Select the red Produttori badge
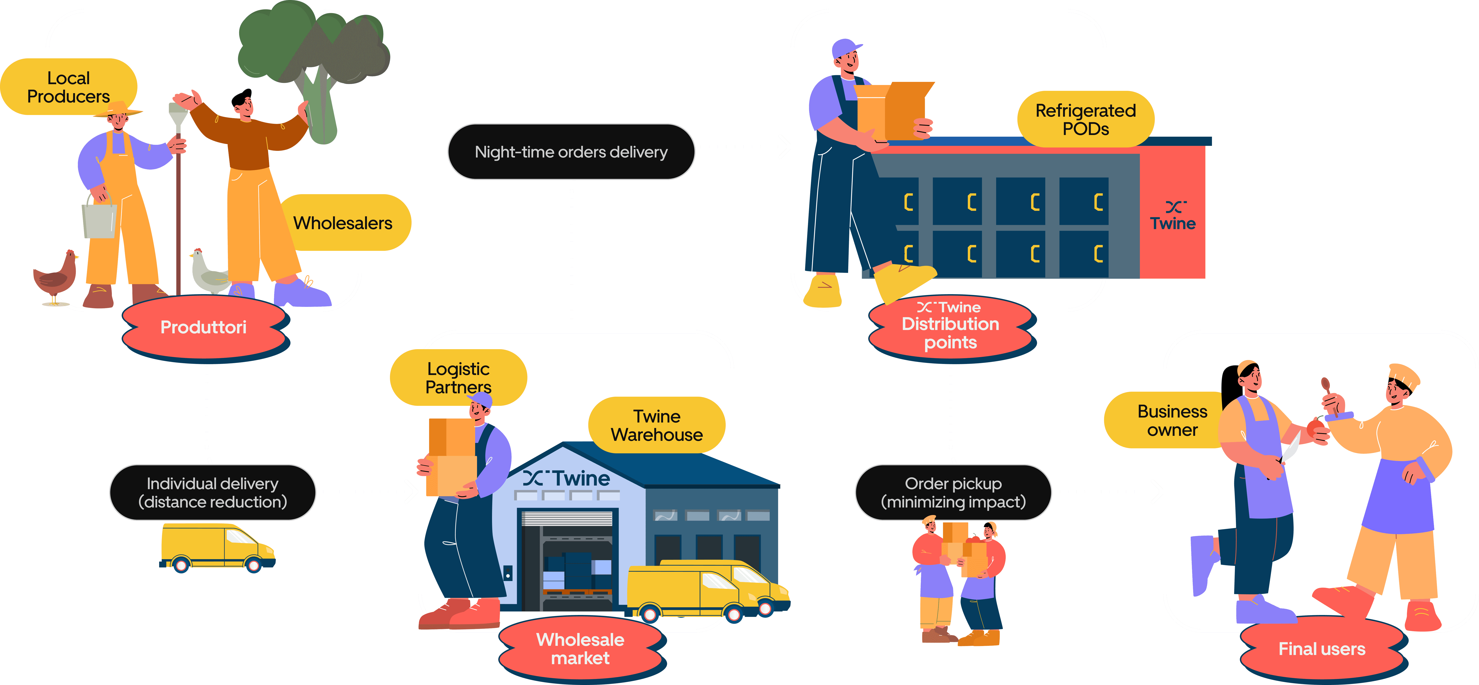tap(204, 327)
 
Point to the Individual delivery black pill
tap(212, 493)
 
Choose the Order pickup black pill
tap(953, 493)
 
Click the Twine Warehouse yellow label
tap(656, 425)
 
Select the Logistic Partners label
tap(458, 377)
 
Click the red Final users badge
tap(1322, 649)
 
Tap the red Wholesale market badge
tap(581, 649)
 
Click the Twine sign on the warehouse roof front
tap(567, 478)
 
